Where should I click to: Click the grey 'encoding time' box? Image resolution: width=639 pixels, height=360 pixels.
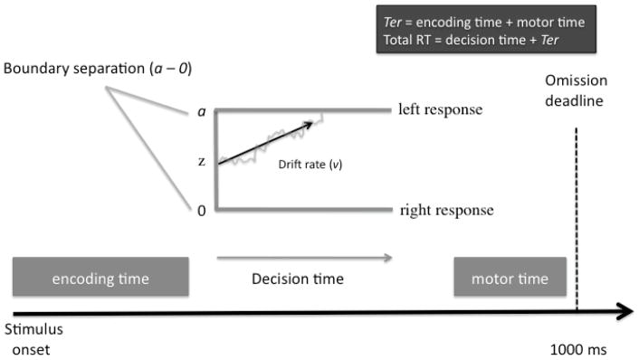click(x=100, y=278)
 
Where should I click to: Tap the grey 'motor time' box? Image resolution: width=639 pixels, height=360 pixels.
click(x=510, y=278)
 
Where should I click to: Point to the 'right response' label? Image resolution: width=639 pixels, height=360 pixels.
click(x=446, y=211)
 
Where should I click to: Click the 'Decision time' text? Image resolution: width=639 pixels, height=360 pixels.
click(x=297, y=279)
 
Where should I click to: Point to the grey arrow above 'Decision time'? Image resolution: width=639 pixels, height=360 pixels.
click(x=304, y=259)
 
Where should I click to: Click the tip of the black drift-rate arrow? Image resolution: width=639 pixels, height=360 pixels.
click(x=313, y=120)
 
